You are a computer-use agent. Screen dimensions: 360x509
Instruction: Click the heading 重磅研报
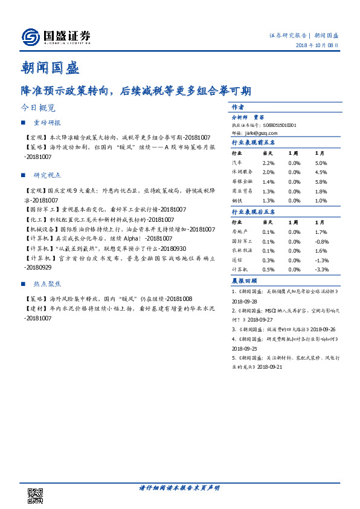[47, 123]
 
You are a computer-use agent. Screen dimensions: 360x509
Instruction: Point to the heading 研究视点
[47, 175]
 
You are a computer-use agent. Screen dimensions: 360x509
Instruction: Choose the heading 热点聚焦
[47, 283]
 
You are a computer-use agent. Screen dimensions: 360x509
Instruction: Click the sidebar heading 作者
[237, 106]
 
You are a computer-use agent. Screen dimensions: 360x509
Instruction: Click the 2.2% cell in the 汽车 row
[268, 163]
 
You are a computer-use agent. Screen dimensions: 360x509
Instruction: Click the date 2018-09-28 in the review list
[246, 300]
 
